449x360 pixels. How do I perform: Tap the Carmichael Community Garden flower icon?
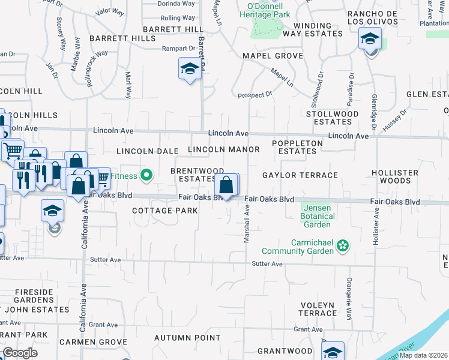343,245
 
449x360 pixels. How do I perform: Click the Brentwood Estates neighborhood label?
197,175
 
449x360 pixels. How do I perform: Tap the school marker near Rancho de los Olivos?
370,40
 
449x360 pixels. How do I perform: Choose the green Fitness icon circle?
146,176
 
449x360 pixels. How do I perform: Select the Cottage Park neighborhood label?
165,211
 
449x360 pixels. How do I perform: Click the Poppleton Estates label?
297,147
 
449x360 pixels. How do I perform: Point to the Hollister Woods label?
394,176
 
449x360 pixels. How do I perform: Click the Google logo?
20,352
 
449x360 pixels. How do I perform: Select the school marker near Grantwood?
332,351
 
